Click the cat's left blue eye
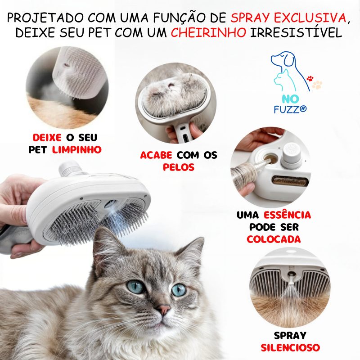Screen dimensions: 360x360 135,287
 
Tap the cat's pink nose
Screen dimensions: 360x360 163,310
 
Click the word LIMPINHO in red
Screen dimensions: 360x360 76,149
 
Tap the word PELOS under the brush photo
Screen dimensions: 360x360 179,167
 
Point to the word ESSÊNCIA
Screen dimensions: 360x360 287,215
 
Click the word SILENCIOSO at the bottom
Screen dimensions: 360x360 290,347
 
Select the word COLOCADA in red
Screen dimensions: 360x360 274,239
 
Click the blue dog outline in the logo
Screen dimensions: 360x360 283,61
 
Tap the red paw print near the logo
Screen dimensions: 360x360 310,78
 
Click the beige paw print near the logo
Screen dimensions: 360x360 318,84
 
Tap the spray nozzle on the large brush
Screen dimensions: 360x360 109,204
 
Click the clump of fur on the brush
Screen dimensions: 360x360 175,94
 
